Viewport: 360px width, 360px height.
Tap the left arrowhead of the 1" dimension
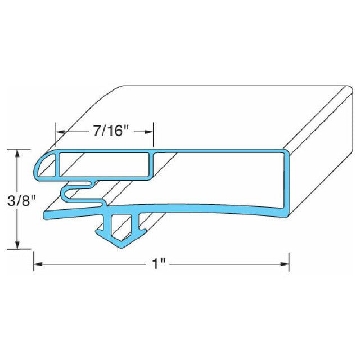click(x=38, y=263)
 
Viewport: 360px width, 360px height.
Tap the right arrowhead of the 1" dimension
click(x=285, y=263)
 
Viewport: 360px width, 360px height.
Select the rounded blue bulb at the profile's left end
click(x=43, y=164)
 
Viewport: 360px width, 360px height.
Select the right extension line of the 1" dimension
click(x=289, y=259)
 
